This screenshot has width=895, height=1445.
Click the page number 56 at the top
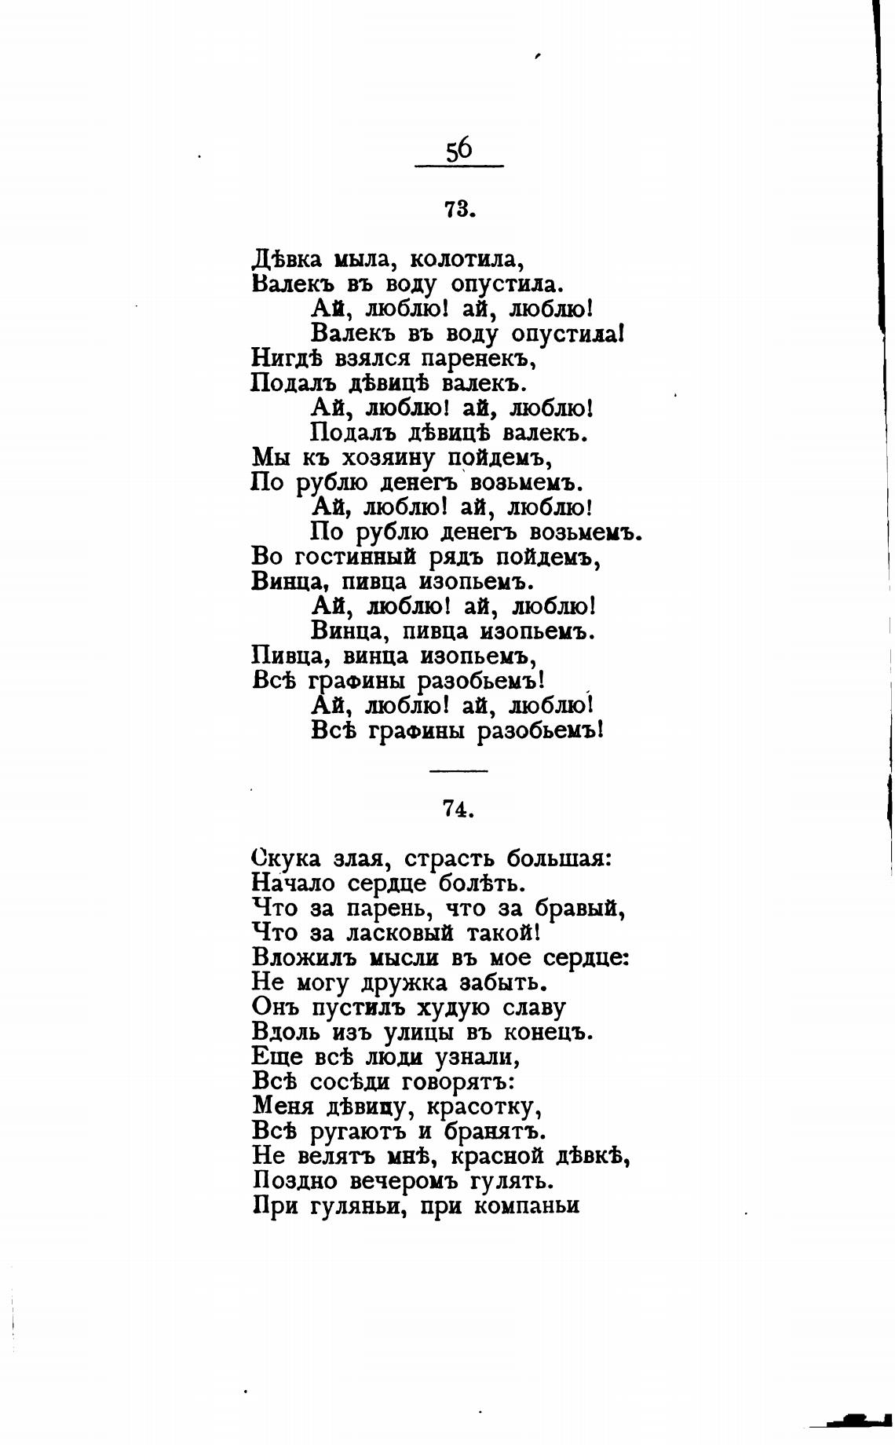[x=459, y=149]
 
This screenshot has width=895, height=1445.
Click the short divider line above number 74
[x=458, y=770]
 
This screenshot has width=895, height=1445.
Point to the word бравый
[x=580, y=908]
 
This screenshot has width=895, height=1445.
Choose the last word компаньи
[x=526, y=1206]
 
